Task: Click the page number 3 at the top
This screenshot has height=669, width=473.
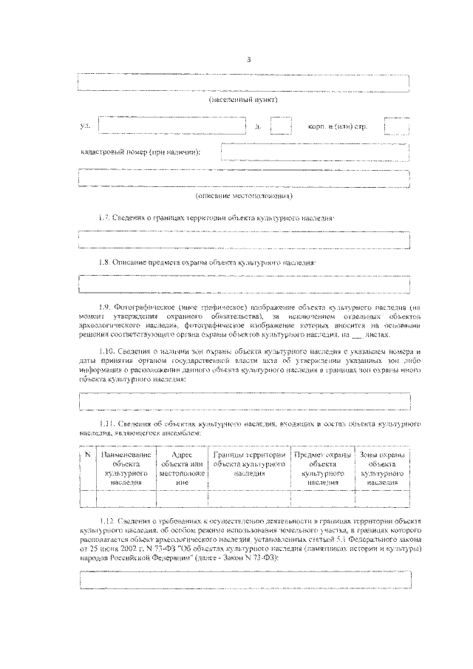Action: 250,60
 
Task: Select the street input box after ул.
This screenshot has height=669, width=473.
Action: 172,126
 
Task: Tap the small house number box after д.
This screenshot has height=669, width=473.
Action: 281,126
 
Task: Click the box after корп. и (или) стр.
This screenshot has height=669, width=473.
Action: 396,126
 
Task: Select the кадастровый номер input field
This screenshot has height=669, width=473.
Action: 315,152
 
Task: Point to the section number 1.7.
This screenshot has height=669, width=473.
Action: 104,219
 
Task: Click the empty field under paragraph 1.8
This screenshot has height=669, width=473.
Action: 244,284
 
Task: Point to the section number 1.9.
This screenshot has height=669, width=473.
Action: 104,305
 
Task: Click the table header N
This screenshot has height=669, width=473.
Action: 87,455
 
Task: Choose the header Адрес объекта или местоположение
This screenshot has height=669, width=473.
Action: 182,468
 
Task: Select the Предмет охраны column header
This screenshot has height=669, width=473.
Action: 323,468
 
